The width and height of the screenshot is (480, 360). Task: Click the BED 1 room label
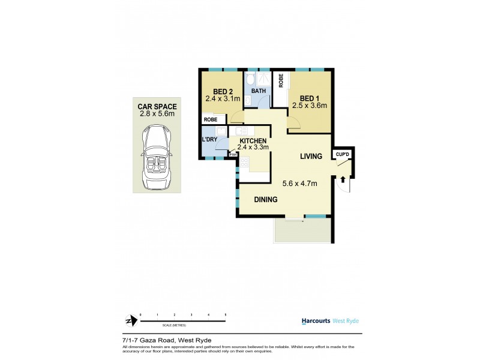click(310, 98)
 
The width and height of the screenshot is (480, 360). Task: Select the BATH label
click(258, 91)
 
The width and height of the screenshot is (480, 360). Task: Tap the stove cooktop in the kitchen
click(244, 163)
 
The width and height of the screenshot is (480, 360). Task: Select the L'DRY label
click(209, 140)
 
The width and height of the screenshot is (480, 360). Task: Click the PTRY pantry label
click(233, 155)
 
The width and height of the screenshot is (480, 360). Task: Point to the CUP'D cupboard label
click(343, 154)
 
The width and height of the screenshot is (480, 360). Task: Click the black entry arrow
click(343, 178)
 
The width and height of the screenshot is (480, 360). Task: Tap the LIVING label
click(311, 156)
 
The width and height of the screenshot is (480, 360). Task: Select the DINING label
click(265, 200)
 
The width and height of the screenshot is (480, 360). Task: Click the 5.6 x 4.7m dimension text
click(300, 184)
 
